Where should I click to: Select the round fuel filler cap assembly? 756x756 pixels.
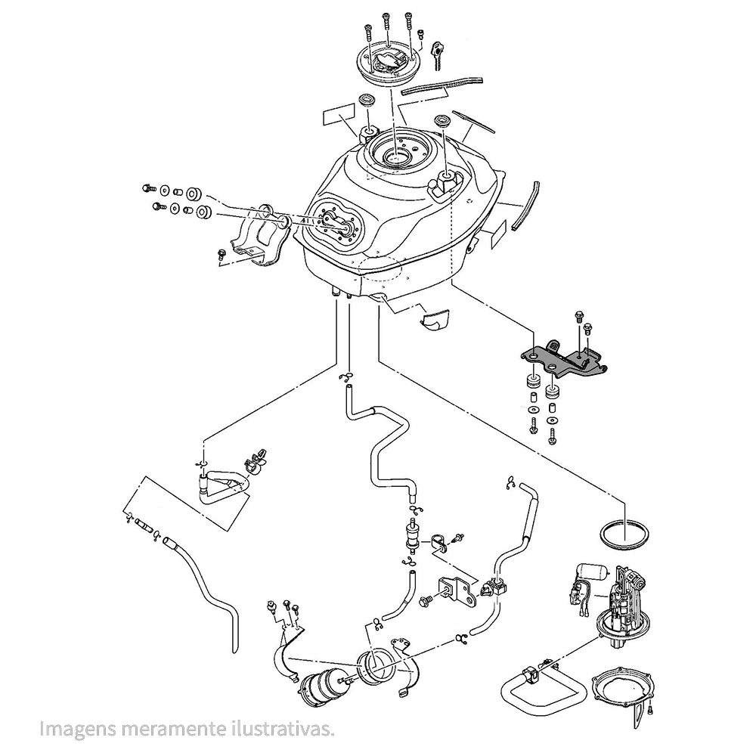click(388, 65)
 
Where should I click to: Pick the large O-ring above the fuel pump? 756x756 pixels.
click(624, 534)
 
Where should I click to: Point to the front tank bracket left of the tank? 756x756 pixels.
click(262, 234)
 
